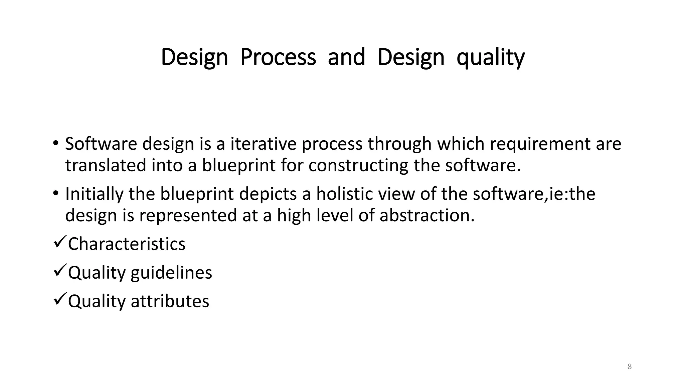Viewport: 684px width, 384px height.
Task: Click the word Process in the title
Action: pyautogui.click(x=278, y=57)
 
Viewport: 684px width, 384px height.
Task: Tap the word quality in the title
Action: pyautogui.click(x=490, y=57)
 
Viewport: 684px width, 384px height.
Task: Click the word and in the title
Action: pyautogui.click(x=346, y=57)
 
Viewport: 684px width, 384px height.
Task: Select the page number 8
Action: pyautogui.click(x=630, y=367)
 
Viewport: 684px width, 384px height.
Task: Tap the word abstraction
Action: pyautogui.click(x=426, y=215)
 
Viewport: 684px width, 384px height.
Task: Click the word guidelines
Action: pyautogui.click(x=171, y=273)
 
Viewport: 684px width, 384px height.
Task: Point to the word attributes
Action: pyautogui.click(x=170, y=301)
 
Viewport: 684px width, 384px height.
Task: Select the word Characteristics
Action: pyautogui.click(x=127, y=244)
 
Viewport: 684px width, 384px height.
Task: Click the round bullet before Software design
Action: pyautogui.click(x=55, y=144)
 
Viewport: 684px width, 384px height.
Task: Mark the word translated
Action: pyautogui.click(x=106, y=166)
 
